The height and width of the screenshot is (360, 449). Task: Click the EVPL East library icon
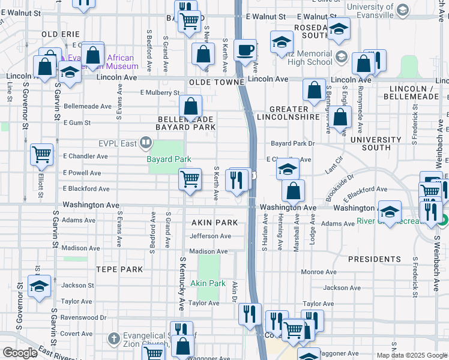click(145, 143)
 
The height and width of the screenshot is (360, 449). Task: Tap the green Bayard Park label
click(169, 159)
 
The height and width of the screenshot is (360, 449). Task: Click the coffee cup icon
click(245, 50)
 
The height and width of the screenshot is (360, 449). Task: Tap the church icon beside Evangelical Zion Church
click(113, 340)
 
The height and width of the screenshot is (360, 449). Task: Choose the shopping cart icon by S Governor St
click(41, 154)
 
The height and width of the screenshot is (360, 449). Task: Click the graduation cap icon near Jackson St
click(39, 286)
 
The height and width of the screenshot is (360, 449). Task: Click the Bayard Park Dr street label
click(292, 144)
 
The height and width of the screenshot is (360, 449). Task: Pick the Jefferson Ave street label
click(210, 236)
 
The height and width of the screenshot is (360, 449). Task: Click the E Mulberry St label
click(160, 93)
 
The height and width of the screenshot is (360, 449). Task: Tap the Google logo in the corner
click(20, 353)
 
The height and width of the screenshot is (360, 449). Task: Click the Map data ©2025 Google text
click(411, 355)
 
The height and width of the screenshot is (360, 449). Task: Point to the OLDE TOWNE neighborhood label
click(216, 82)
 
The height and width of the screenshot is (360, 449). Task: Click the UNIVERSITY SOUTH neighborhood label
click(376, 143)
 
